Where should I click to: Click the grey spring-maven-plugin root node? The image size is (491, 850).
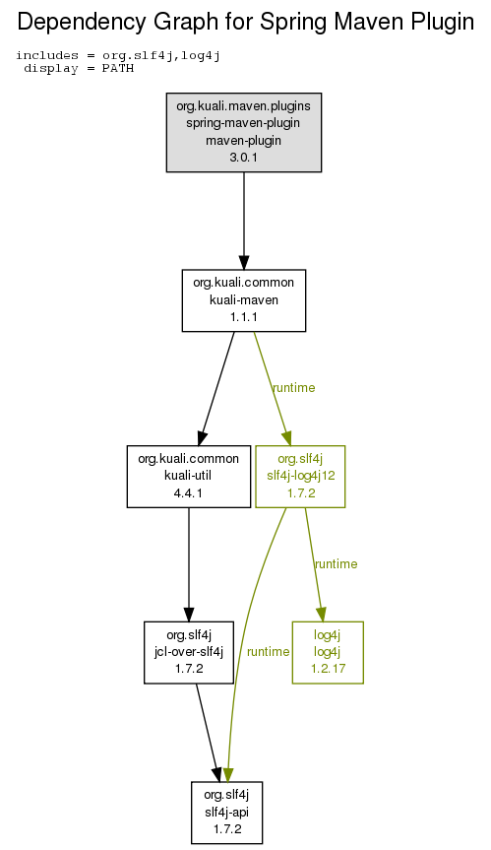(x=244, y=132)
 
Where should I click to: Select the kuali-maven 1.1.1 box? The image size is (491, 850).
(x=244, y=300)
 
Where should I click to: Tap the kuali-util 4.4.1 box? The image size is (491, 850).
(x=189, y=477)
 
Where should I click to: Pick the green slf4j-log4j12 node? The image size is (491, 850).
(x=300, y=477)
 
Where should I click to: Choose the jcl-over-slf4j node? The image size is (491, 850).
(x=189, y=652)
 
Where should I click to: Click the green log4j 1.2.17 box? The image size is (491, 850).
(x=328, y=652)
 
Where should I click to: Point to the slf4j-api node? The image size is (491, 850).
(x=227, y=812)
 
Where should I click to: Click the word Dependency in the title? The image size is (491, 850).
(x=83, y=23)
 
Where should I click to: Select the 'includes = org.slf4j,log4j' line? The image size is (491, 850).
(x=118, y=55)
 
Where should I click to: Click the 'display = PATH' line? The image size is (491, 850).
(x=79, y=68)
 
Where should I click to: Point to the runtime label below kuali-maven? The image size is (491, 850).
(x=294, y=388)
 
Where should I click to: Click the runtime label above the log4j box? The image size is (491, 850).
(x=337, y=563)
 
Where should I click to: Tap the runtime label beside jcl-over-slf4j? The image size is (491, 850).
(x=268, y=651)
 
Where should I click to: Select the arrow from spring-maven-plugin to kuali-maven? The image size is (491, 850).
(x=244, y=221)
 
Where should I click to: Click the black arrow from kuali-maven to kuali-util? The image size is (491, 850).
(x=217, y=388)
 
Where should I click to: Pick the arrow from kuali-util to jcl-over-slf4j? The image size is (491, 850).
(x=189, y=564)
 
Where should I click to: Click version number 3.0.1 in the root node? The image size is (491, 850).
(x=244, y=158)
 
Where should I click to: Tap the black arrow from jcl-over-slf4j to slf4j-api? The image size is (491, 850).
(x=208, y=733)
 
